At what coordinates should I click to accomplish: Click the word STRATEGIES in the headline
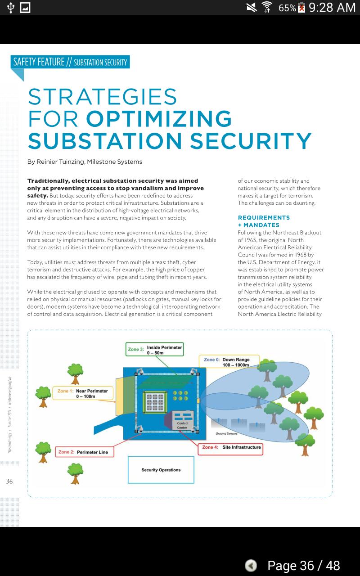(x=103, y=97)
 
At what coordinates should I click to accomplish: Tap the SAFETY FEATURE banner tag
(x=70, y=62)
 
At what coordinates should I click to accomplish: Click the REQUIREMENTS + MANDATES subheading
(x=264, y=221)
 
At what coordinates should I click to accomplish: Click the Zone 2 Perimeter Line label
(x=84, y=452)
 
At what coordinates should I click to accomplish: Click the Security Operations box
(x=161, y=470)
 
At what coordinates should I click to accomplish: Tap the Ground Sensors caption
(x=226, y=434)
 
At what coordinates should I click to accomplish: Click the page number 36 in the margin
(x=9, y=481)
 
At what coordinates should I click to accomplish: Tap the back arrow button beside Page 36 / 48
(x=251, y=565)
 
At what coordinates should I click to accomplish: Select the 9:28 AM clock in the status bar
(x=332, y=7)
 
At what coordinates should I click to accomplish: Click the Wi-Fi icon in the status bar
(x=267, y=7)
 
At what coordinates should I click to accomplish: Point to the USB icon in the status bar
(x=11, y=7)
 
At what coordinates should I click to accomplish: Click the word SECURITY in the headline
(x=250, y=141)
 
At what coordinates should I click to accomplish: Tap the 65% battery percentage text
(x=287, y=8)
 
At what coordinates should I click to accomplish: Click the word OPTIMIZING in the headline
(x=159, y=119)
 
